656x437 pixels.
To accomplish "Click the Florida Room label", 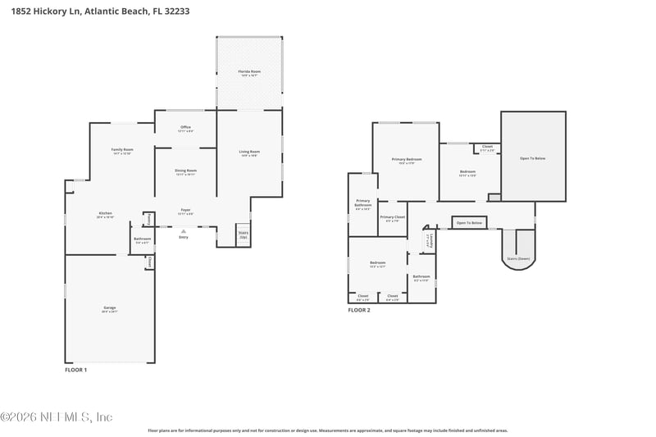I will coord(249,73).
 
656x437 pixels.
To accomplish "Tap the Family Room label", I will coord(122,151).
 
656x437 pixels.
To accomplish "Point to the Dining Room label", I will coord(185,172).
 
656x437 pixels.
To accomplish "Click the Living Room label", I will coord(249,152).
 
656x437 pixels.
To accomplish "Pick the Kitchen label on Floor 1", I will coord(104,215).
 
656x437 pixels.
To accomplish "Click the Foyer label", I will coord(186,212).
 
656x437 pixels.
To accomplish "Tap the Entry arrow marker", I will coord(183,234).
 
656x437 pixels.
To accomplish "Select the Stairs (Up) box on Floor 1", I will coord(243,234).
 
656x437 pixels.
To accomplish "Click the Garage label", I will coord(110,309).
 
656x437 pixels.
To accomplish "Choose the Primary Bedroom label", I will coord(407,160).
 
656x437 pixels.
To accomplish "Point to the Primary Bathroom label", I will coord(363,206).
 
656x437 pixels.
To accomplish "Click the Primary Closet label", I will coord(393,218).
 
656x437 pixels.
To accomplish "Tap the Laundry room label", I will coord(428,241).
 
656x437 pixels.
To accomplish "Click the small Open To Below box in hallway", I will coord(470,223).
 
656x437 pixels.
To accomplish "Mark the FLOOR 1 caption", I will coord(75,370).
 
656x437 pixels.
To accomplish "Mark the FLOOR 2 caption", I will coord(359,310).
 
